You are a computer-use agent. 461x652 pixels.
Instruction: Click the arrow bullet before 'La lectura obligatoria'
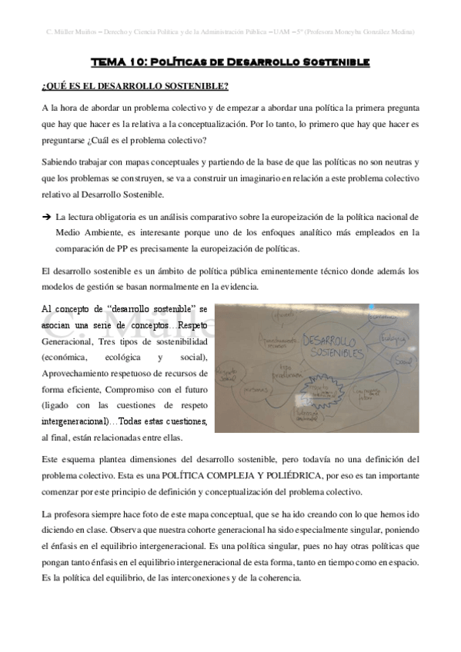47,218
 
